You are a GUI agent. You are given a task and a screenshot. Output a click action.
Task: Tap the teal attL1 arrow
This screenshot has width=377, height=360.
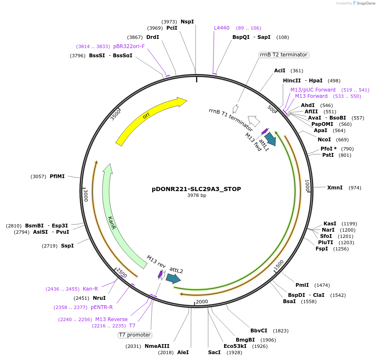pos(270,139)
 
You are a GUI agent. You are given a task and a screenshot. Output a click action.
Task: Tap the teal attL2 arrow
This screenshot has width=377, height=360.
pos(173,278)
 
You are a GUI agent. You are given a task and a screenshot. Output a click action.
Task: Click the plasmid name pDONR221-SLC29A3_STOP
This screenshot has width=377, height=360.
pos(196,189)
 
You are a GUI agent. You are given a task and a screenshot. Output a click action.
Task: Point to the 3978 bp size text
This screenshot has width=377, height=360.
pos(196,195)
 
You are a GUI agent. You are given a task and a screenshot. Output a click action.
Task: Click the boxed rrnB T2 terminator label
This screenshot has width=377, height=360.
pos(284,55)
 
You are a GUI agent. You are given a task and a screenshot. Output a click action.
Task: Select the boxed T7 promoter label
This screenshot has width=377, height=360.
pos(135,335)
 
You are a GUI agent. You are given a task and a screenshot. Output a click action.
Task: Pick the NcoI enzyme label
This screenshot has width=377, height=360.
pos(324,140)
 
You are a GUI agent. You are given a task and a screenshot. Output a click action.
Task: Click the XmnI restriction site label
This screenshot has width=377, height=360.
pos(335,188)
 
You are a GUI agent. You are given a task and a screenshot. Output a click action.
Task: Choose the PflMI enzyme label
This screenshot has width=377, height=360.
pos(57,176)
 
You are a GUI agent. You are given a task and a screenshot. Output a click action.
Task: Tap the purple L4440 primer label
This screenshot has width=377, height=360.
pos(222,28)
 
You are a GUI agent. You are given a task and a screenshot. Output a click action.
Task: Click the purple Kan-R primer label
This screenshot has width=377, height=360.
pos(90,289)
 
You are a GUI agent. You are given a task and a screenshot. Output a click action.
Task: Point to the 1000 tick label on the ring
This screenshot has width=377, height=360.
pos(307,186)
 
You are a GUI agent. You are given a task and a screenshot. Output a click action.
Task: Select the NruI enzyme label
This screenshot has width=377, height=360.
pos(99,298)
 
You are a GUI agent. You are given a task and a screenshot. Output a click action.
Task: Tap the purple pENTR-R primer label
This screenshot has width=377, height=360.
pos(102,307)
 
